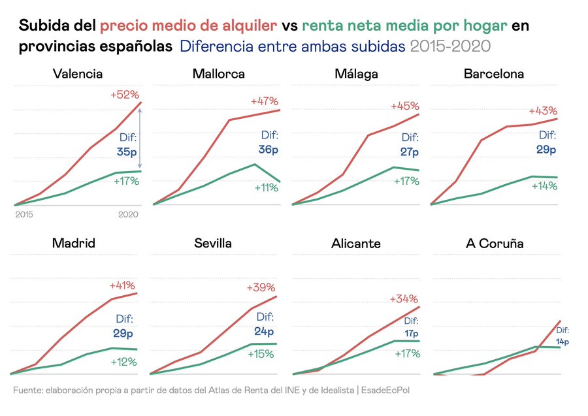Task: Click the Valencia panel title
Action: click(77, 74)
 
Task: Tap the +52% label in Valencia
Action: click(124, 95)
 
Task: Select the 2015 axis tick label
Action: click(24, 214)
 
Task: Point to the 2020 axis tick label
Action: click(129, 214)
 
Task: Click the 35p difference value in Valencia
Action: click(127, 152)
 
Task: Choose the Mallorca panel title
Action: click(218, 74)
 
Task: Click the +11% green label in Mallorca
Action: click(266, 187)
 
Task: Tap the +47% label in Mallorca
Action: click(264, 101)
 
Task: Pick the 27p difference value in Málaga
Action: click(409, 152)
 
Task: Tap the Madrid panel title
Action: click(74, 244)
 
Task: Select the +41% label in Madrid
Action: click(122, 285)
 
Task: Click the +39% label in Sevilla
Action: click(261, 287)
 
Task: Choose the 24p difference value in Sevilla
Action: click(264, 332)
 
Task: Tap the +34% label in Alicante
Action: click(404, 298)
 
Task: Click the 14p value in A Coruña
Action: click(563, 342)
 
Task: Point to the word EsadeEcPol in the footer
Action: click(386, 390)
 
